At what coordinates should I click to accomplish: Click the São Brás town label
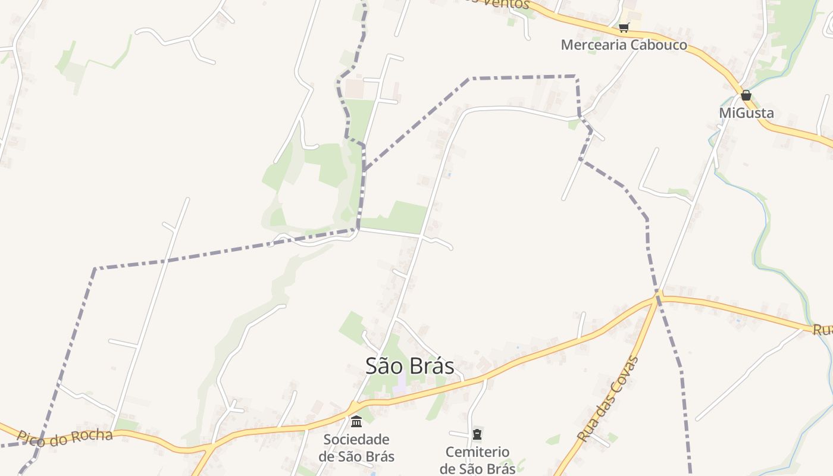coord(410,366)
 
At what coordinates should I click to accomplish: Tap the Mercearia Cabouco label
coord(624,45)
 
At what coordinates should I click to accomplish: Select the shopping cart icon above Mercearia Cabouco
coord(624,27)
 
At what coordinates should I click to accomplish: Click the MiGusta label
coord(746,113)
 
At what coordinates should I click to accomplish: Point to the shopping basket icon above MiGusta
coord(746,95)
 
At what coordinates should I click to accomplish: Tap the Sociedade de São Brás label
coord(356,448)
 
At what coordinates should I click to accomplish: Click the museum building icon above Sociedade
coord(356,422)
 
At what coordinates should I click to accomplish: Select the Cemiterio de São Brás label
coord(477,460)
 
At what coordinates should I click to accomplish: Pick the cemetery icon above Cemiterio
coord(477,434)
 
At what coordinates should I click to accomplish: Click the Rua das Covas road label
coord(607,399)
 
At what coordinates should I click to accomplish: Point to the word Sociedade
coord(356,440)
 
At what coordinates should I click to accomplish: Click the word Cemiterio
coord(477,452)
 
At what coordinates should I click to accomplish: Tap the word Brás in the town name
coord(432,366)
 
